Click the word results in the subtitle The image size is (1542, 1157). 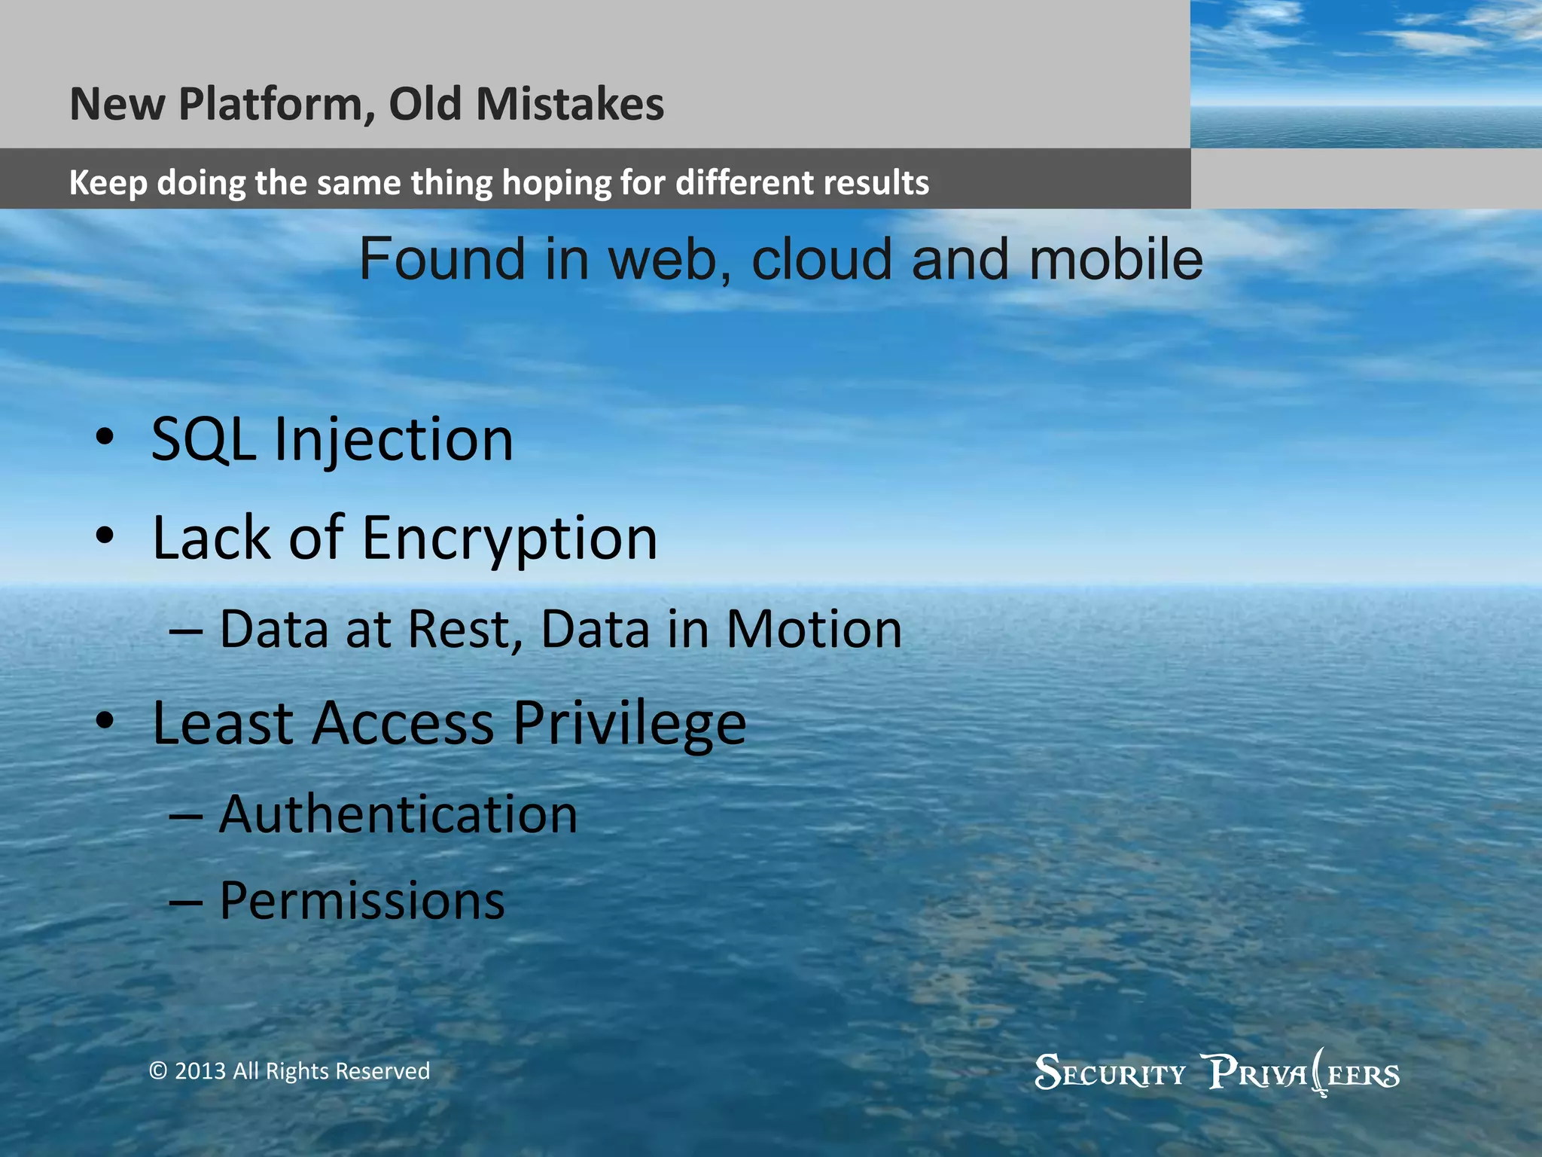(878, 182)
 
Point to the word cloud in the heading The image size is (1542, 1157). (821, 259)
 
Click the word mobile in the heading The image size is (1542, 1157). (1116, 259)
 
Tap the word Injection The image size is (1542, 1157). (393, 441)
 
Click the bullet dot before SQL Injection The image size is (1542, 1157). (105, 437)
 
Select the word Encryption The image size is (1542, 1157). (510, 539)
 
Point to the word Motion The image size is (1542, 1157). (814, 629)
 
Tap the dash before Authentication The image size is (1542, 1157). (185, 816)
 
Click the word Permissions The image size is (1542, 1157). (361, 901)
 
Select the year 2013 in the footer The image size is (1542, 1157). (200, 1071)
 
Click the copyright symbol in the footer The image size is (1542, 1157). (157, 1071)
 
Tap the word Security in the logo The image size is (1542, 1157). (1110, 1073)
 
